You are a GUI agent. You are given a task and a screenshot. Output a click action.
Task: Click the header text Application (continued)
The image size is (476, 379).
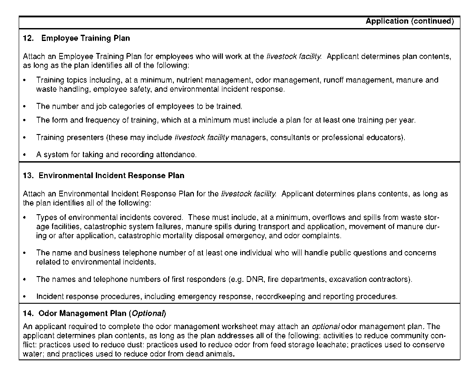[410, 21]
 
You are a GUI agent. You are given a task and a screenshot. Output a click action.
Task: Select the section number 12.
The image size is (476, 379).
[28, 38]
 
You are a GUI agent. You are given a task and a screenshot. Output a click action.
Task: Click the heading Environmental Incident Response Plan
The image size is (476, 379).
[111, 175]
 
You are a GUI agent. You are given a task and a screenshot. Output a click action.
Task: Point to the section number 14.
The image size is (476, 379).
[28, 313]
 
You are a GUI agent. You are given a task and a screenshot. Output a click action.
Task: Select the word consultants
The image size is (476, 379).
[290, 138]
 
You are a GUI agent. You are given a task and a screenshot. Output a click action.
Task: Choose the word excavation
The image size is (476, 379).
[347, 280]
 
